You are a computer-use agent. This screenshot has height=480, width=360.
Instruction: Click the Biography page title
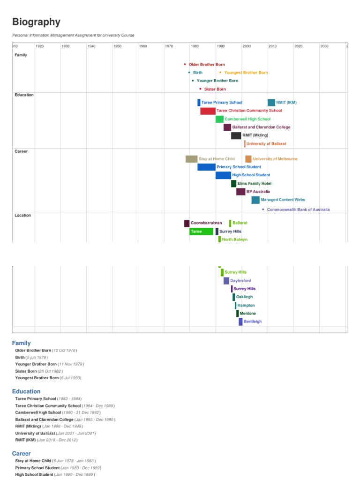pyautogui.click(x=36, y=22)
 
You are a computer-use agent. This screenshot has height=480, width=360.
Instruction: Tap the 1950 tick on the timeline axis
pyautogui.click(x=117, y=46)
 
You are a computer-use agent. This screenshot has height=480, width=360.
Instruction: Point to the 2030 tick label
pyautogui.click(x=324, y=46)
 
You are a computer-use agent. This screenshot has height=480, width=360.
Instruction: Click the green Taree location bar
pyautogui.click(x=201, y=232)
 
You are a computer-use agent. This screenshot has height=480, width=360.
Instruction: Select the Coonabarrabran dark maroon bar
pyautogui.click(x=187, y=223)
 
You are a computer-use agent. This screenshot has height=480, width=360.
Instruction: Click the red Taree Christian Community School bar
pyautogui.click(x=208, y=111)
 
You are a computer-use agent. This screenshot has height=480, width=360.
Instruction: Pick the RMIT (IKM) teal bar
pyautogui.click(x=271, y=103)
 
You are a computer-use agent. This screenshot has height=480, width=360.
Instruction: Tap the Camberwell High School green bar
pyautogui.click(x=219, y=119)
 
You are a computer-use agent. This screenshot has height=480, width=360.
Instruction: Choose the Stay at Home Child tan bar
pyautogui.click(x=191, y=159)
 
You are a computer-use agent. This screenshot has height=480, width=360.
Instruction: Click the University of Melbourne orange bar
pyautogui.click(x=248, y=159)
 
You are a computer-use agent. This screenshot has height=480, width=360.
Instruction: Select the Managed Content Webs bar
pyautogui.click(x=255, y=200)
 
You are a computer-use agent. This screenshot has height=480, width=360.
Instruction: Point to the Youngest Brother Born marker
pyautogui.click(x=220, y=73)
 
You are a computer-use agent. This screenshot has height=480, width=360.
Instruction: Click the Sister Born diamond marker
pyautogui.click(x=200, y=89)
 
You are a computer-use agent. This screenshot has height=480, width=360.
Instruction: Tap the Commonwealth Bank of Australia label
pyautogui.click(x=298, y=210)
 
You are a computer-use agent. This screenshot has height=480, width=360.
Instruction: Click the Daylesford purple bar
pyautogui.click(x=226, y=281)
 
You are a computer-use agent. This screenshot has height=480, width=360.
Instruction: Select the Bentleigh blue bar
pyautogui.click(x=240, y=322)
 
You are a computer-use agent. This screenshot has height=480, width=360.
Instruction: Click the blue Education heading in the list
pyautogui.click(x=26, y=391)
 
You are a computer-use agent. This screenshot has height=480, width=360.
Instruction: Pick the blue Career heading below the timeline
pyautogui.click(x=22, y=454)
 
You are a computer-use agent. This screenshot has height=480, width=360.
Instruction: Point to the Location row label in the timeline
pyautogui.click(x=22, y=216)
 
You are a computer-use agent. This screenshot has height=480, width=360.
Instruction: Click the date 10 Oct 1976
pyautogui.click(x=65, y=350)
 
